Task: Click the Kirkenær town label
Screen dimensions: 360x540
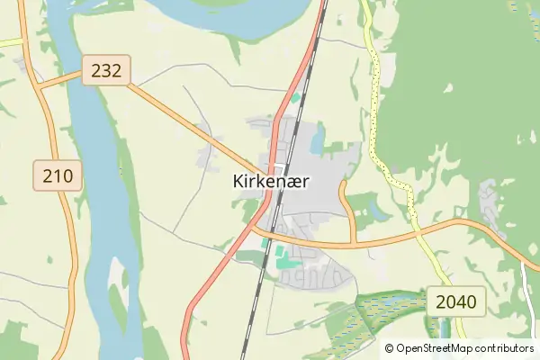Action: click(x=271, y=181)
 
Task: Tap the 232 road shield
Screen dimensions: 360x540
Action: click(x=106, y=70)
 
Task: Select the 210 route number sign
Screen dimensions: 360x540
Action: click(x=58, y=175)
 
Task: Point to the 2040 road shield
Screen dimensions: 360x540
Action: click(x=455, y=301)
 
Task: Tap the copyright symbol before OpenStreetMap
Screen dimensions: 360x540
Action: click(x=389, y=348)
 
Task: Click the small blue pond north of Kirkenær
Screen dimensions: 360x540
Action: click(x=317, y=139)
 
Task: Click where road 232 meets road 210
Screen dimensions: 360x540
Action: click(x=40, y=87)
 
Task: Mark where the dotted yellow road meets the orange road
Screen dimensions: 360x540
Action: click(x=418, y=233)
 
